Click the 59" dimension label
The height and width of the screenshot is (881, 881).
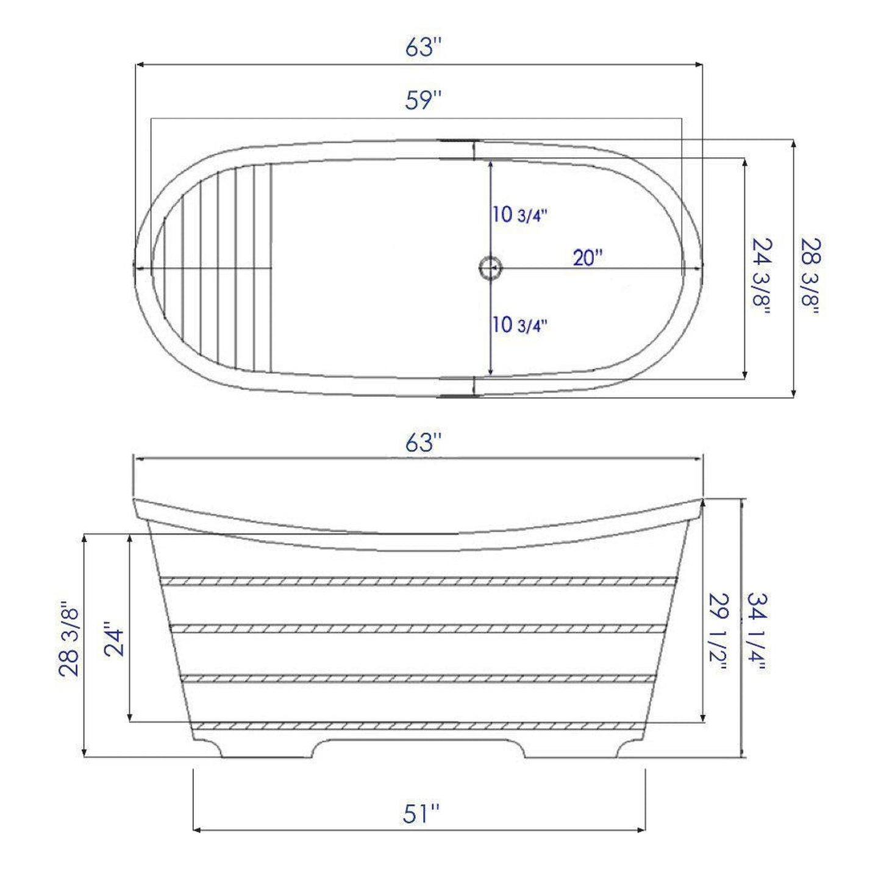423,101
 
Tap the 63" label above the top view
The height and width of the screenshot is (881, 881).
423,47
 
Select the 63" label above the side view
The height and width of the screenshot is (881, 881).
423,443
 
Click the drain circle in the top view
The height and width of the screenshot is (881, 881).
490,267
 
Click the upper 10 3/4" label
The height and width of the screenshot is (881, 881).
519,215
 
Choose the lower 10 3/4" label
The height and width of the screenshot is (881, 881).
519,325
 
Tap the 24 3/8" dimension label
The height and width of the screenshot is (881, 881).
762,276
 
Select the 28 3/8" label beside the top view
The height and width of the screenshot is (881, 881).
811,276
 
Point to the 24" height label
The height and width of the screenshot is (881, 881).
114,639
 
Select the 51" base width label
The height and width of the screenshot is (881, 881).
421,813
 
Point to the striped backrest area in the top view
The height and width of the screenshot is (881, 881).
219,268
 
